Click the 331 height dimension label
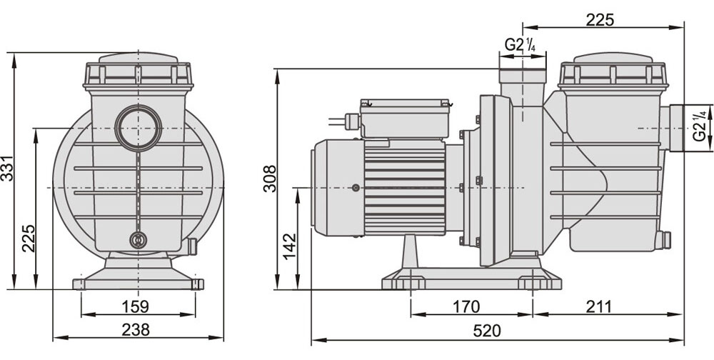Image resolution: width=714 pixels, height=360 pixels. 8,169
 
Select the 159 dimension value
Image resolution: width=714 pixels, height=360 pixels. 135,306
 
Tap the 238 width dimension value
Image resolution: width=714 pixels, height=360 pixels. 136,329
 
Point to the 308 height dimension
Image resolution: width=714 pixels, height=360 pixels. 270,178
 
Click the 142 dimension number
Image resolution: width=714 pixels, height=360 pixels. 290,246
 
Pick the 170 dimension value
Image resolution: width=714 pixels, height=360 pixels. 466,306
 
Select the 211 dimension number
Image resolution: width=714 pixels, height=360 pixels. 598,306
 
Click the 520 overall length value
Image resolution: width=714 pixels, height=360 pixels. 487,331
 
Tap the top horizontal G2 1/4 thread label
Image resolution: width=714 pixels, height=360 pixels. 520,45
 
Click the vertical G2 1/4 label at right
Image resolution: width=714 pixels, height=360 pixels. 699,126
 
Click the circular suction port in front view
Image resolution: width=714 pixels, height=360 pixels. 139,128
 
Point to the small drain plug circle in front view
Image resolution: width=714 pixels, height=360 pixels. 138,240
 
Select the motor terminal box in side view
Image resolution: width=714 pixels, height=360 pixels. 405,118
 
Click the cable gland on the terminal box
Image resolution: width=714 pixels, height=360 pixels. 353,121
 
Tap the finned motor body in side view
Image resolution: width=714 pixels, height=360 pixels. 404,187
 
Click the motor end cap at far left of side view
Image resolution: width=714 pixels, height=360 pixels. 338,187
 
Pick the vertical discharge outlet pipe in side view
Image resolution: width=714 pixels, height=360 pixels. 523,87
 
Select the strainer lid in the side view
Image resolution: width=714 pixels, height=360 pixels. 613,71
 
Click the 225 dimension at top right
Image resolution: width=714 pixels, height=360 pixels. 600,20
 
